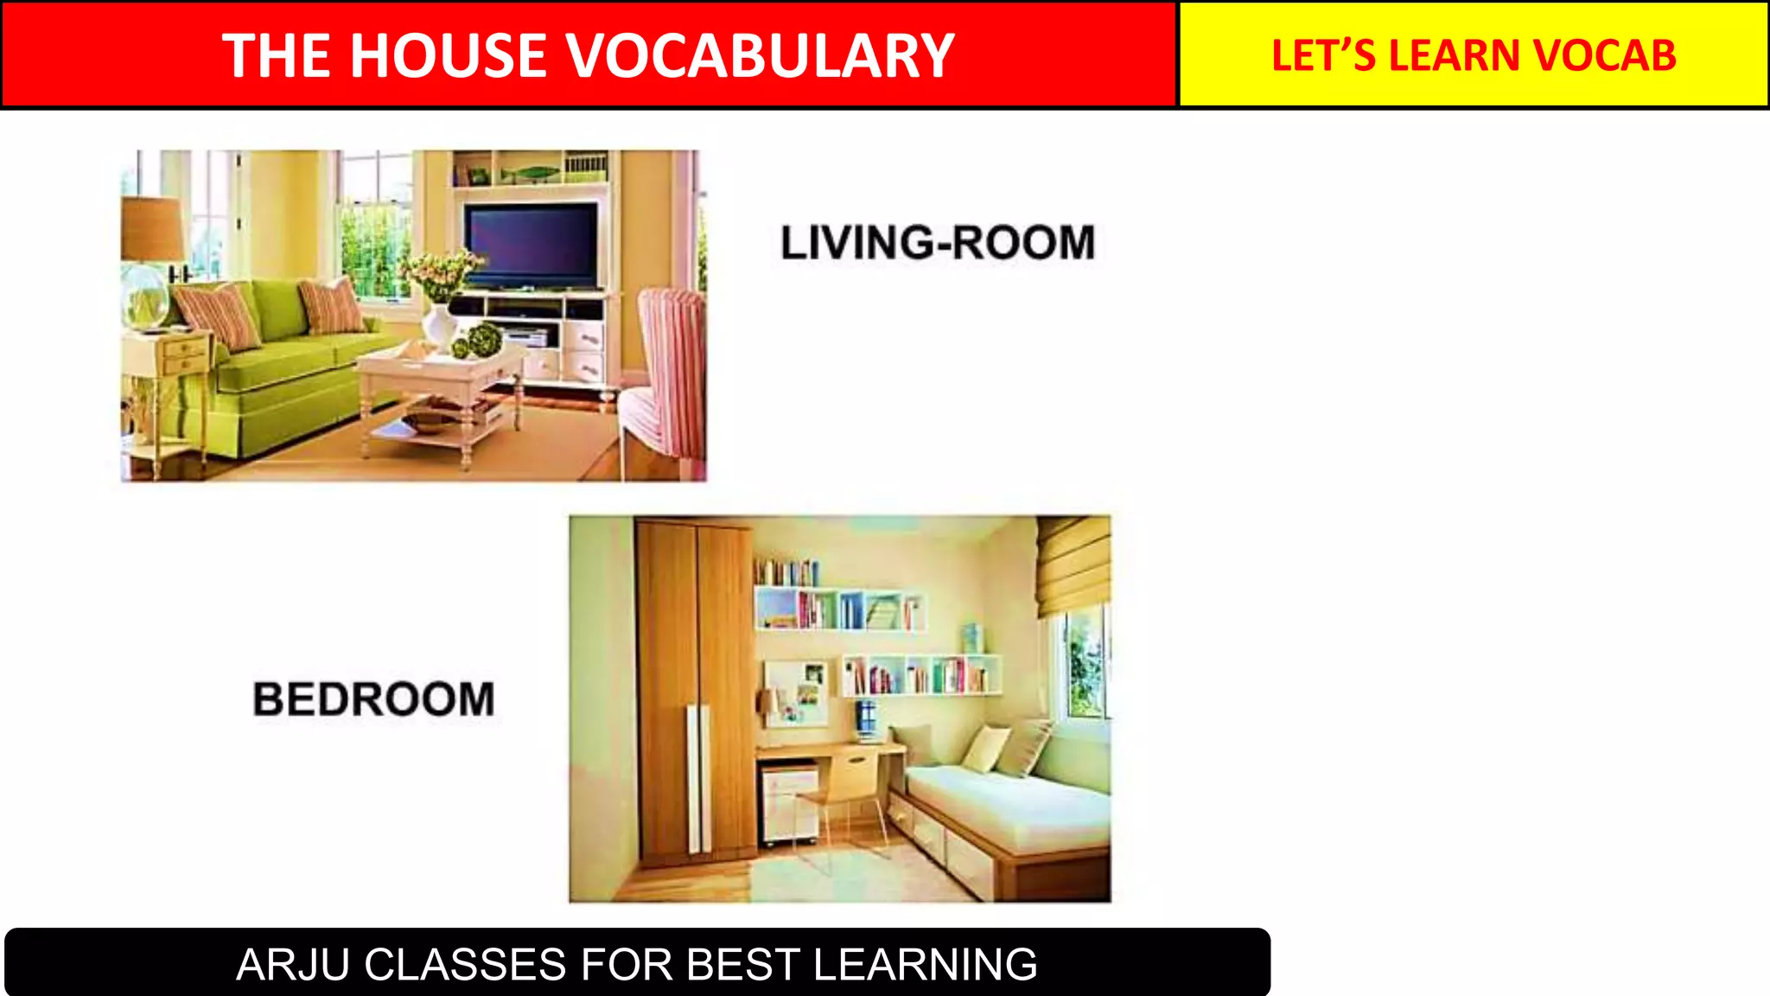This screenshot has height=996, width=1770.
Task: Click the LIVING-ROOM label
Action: [x=938, y=242]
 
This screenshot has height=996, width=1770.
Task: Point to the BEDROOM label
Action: [x=373, y=699]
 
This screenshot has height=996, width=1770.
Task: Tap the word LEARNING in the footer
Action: [x=925, y=964]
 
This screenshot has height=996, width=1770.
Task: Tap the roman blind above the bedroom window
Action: [x=1073, y=566]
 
